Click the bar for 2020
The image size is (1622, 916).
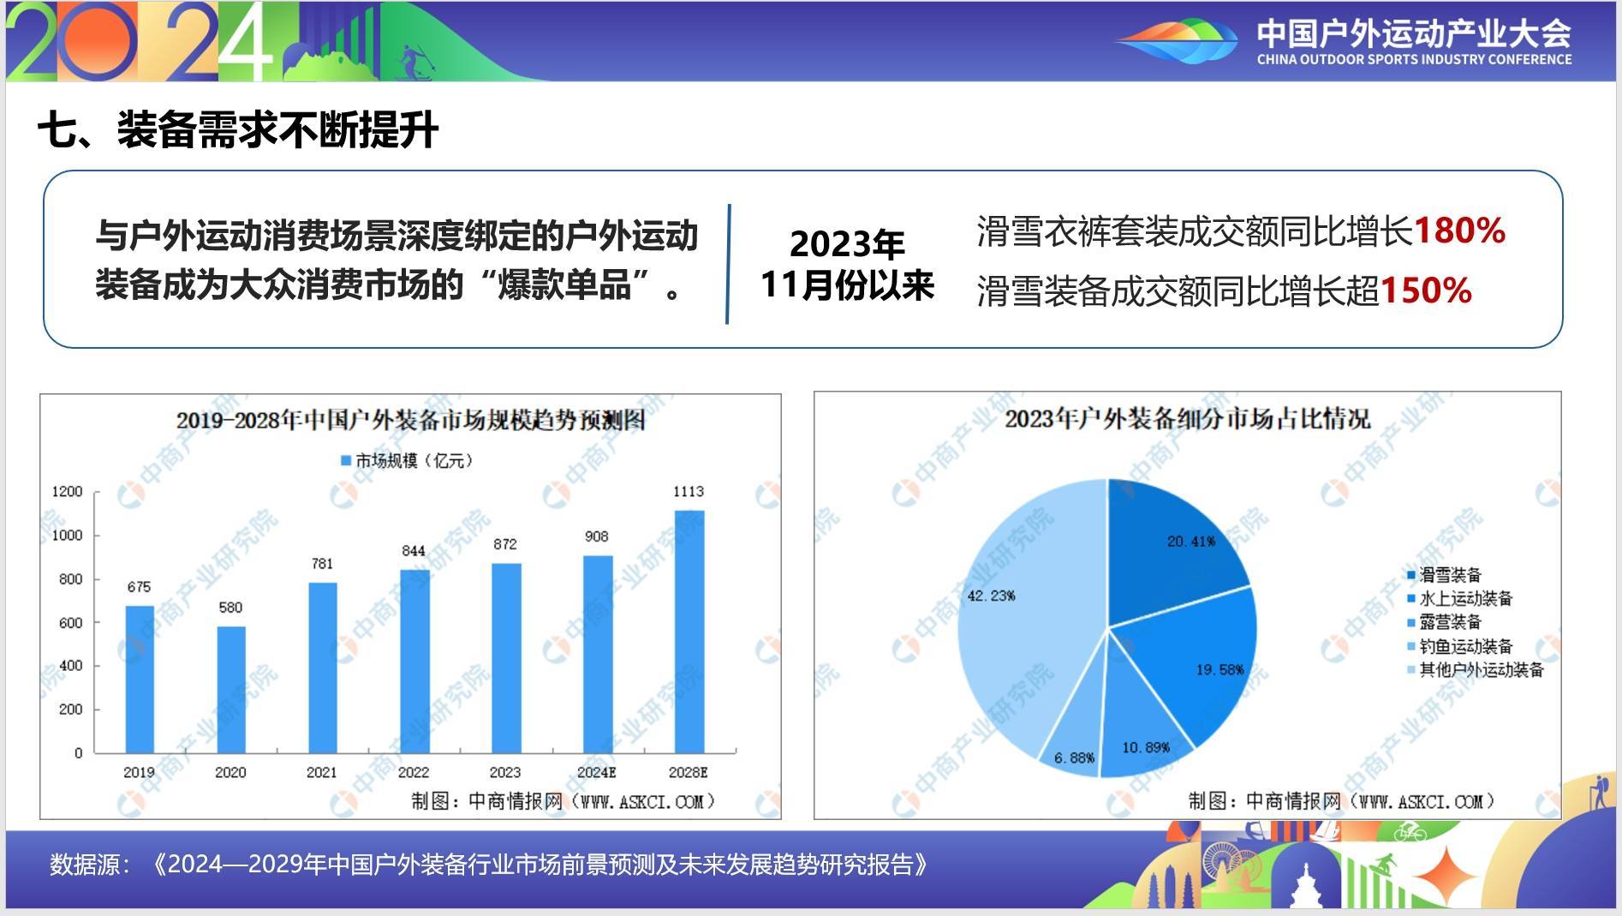(231, 690)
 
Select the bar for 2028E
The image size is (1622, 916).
(689, 632)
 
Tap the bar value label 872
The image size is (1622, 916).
(505, 544)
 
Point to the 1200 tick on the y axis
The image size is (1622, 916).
(67, 491)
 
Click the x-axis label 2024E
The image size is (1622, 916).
(597, 772)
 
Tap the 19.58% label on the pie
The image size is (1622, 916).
(1219, 669)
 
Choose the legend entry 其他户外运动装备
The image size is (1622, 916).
(1476, 669)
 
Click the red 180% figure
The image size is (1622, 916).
(1459, 230)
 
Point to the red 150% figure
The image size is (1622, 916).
(1426, 290)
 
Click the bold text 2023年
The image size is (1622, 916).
(847, 244)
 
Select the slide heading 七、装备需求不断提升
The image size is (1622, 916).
(238, 130)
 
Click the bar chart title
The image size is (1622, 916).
(410, 420)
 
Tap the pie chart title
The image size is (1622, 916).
(1187, 418)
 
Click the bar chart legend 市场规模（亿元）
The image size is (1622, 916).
(407, 460)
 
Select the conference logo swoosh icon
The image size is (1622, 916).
(1176, 41)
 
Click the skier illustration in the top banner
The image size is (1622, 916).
(414, 62)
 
